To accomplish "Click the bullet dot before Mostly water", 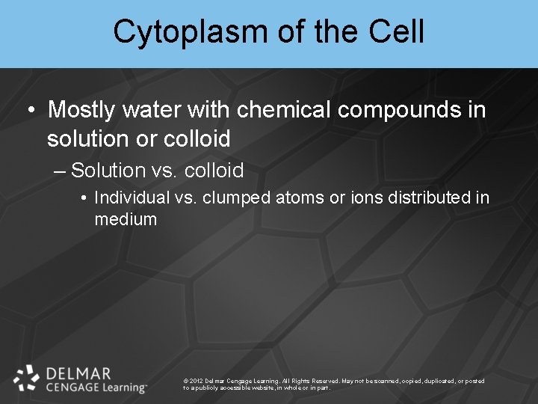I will (31, 111).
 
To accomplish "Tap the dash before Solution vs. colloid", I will (61, 171).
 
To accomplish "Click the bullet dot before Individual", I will (85, 198).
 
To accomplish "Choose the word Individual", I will (126, 198).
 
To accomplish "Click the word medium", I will (126, 219).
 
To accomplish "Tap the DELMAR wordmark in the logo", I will (78, 373).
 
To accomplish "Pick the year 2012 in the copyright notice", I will (197, 381).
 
